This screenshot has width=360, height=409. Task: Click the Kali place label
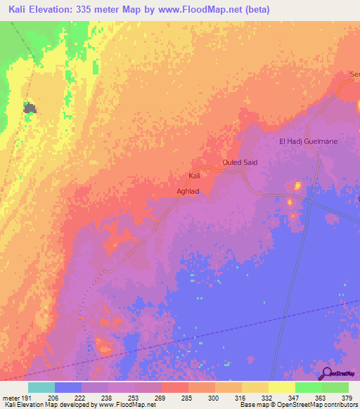pyautogui.click(x=195, y=175)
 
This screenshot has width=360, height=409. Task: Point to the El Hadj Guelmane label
pyautogui.click(x=308, y=141)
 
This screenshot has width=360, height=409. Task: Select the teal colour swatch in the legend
pyautogui.click(x=41, y=387)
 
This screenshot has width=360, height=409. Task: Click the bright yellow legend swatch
pyautogui.click(x=281, y=387)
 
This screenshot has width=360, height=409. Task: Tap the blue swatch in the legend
pyautogui.click(x=68, y=387)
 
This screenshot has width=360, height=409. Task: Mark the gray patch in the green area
pyautogui.click(x=30, y=108)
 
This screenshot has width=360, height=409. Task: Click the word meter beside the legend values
pyautogui.click(x=11, y=398)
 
